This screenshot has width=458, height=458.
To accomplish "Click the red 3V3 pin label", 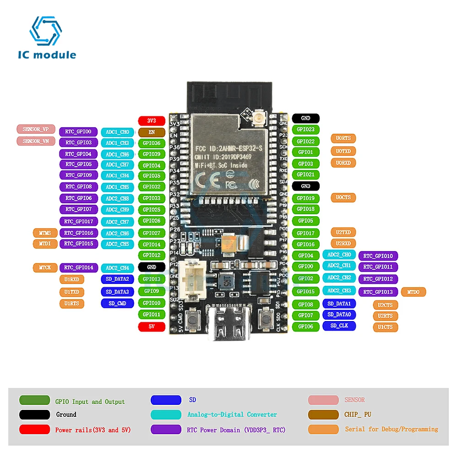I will point(152,121).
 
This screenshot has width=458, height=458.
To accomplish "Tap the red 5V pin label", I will point(152,327).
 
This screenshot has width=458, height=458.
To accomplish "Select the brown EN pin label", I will point(152,132).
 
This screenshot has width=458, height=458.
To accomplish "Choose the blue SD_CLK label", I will point(339,326).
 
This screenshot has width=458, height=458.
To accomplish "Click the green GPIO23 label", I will point(305,130).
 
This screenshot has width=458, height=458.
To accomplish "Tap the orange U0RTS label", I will point(343,138).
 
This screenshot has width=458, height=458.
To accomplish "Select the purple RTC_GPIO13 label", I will point(378,292).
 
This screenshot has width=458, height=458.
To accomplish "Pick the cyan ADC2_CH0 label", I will point(339,255).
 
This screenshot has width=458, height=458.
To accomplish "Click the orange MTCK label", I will point(45,267).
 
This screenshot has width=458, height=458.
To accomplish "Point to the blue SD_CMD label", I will point(117,303).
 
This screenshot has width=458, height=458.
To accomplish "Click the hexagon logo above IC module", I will point(45,32).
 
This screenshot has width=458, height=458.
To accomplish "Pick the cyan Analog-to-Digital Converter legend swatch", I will point(166,414).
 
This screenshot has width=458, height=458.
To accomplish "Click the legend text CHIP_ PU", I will point(358,414).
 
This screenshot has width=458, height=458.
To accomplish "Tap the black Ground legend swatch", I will point(34,414).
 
